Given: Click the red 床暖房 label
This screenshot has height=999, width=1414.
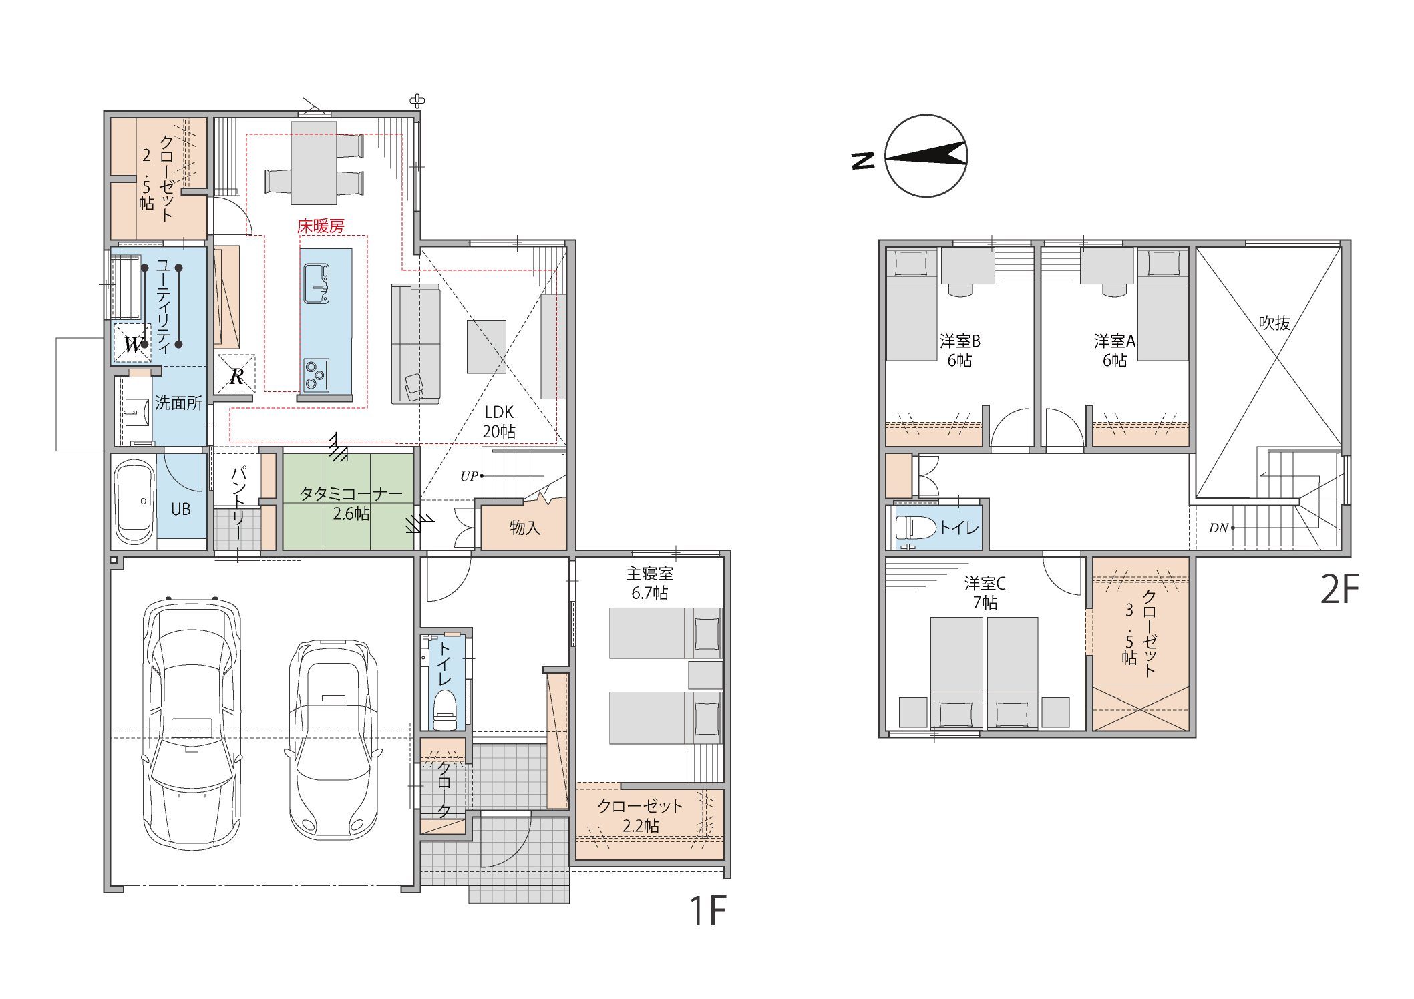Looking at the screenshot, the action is [321, 226].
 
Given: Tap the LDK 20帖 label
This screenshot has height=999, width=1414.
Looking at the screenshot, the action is [499, 422].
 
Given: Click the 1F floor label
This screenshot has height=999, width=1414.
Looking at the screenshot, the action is [708, 911].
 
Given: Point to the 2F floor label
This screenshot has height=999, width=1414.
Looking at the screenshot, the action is [1340, 589].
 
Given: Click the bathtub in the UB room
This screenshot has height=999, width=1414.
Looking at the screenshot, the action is [135, 502].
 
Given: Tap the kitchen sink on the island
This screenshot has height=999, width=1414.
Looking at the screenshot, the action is [317, 284].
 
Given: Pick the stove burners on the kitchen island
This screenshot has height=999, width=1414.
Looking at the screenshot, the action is [317, 375].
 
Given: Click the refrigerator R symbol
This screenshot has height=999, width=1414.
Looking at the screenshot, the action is [236, 374].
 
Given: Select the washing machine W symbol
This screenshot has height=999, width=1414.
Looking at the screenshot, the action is [133, 343].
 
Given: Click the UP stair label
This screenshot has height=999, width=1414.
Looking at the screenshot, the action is [470, 476].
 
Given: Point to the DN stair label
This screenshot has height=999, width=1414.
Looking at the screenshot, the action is [1219, 528].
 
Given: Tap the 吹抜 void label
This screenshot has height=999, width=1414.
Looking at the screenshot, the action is [1274, 323].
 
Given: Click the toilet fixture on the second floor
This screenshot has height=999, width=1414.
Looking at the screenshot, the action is [916, 528].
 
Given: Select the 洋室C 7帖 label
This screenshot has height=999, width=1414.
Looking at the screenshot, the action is [985, 593].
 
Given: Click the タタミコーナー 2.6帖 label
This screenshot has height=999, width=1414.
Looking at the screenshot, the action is [351, 504].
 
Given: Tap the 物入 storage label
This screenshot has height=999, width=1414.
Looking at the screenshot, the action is [525, 528].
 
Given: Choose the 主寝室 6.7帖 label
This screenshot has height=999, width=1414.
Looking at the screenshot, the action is [650, 583].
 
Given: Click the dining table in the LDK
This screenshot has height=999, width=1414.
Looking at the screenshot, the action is [314, 163].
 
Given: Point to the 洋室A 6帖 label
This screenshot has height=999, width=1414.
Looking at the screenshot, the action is [1115, 351].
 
